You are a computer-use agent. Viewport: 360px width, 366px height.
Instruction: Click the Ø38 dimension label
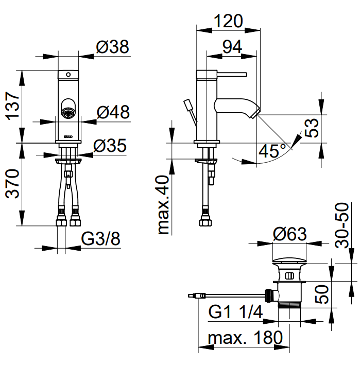click(x=112, y=47)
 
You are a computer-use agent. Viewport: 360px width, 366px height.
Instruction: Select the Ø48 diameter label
click(x=113, y=112)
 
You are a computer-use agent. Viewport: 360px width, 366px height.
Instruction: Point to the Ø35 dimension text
click(x=110, y=146)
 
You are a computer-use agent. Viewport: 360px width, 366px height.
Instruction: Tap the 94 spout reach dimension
click(x=232, y=46)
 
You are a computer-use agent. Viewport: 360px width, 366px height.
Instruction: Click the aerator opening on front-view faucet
click(x=67, y=109)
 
